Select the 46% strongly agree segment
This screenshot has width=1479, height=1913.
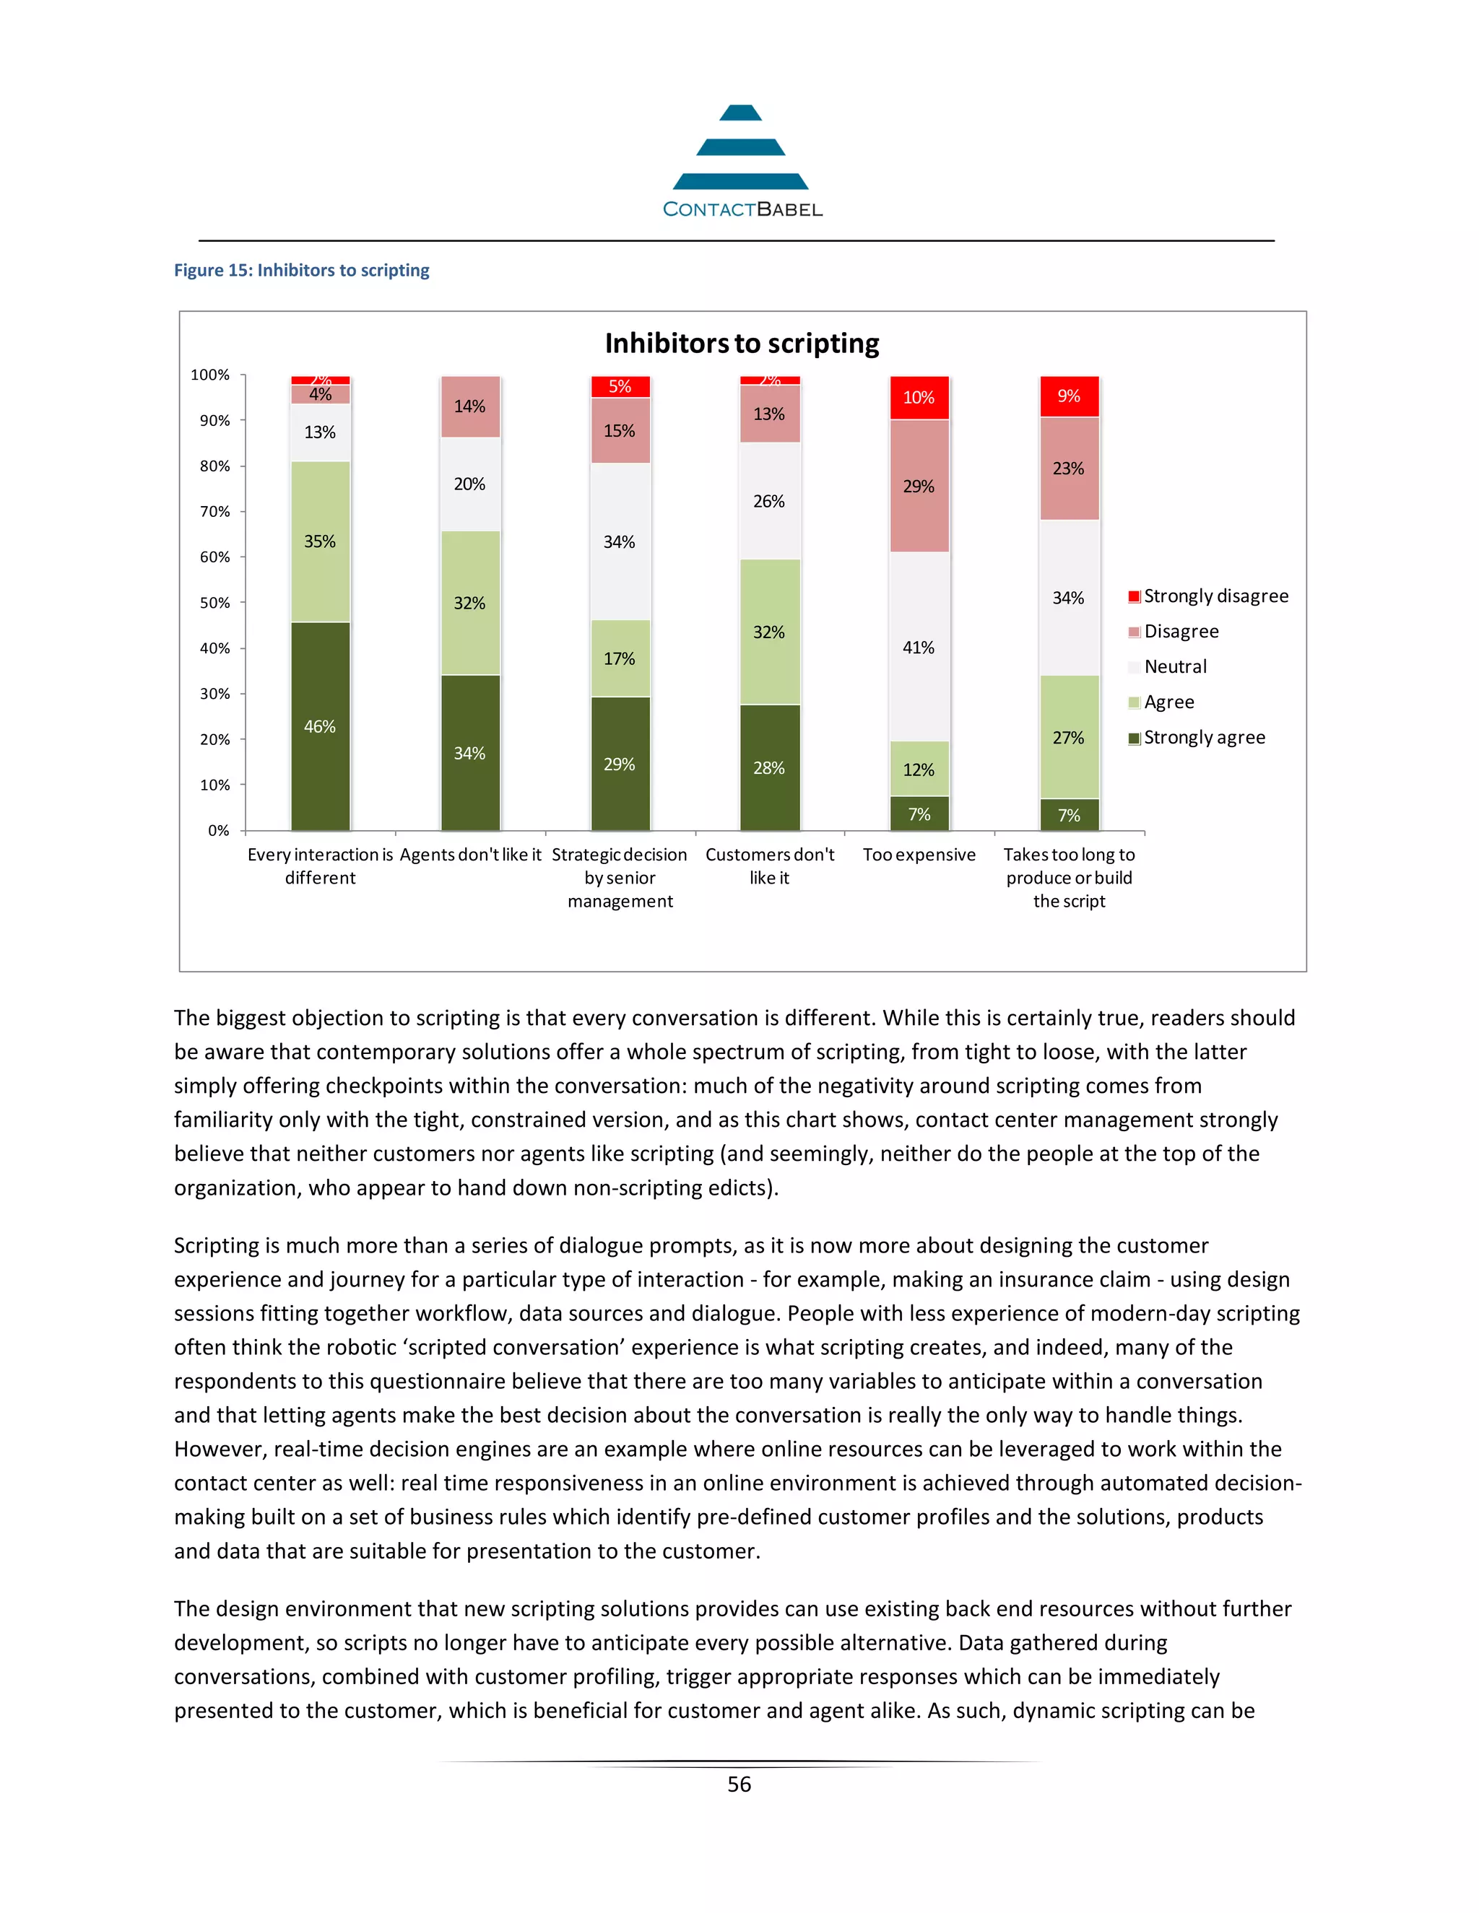[320, 726]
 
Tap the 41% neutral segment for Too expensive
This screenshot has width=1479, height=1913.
[919, 648]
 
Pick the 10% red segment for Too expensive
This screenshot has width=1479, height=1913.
[919, 398]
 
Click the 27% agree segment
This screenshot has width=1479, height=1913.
[1068, 738]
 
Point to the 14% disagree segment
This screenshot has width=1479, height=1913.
[469, 406]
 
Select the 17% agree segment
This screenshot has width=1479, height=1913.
[620, 658]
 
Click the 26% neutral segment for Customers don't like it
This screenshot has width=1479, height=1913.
[769, 501]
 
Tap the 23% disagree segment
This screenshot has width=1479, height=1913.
[1068, 469]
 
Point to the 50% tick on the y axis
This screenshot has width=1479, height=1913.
[214, 603]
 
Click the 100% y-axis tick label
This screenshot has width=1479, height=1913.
[210, 375]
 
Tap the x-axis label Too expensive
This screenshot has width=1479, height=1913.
[919, 855]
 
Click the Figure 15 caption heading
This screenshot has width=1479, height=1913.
[301, 270]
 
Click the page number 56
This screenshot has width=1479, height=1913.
[739, 1785]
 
